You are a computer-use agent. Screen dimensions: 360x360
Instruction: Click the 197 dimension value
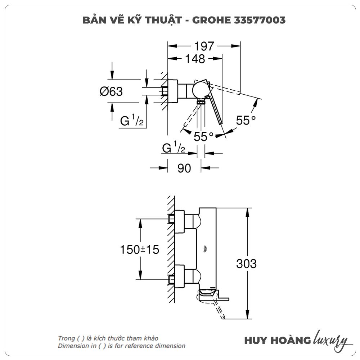point(204,46)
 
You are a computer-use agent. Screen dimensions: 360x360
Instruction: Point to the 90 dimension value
point(184,168)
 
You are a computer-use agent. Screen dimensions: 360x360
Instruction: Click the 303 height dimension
point(246,264)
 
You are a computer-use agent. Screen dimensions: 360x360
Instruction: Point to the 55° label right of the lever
point(248,121)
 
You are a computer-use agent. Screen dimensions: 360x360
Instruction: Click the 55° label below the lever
point(203,136)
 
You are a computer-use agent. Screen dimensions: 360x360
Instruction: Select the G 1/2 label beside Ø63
point(132,121)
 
